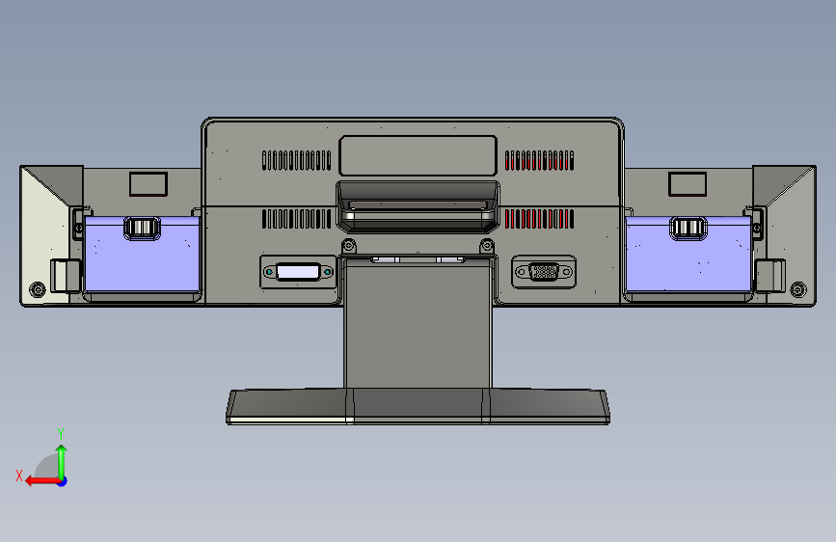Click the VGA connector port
pyautogui.click(x=544, y=272)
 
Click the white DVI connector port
pyautogui.click(x=298, y=272)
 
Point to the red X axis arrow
pyautogui.click(x=42, y=481)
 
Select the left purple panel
pyautogui.click(x=142, y=255)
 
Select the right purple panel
pyautogui.click(x=688, y=255)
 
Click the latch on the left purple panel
pyautogui.click(x=142, y=228)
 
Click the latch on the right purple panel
pyautogui.click(x=688, y=228)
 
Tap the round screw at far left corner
pyautogui.click(x=38, y=289)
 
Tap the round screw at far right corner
pyautogui.click(x=798, y=289)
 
